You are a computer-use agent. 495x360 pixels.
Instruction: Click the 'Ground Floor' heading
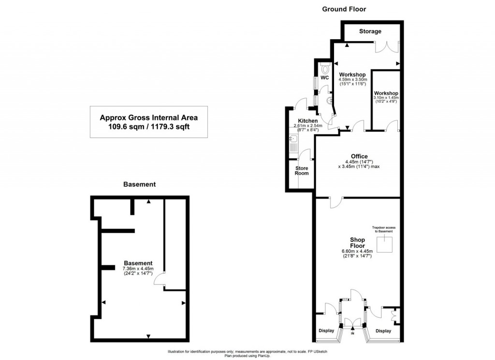click(x=344, y=9)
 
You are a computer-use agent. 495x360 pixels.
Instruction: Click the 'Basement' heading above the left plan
click(x=139, y=184)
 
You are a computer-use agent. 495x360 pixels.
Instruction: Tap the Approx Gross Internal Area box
click(x=148, y=122)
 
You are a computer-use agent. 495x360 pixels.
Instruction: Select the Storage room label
click(x=370, y=31)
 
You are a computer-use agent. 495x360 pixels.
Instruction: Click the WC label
click(x=324, y=77)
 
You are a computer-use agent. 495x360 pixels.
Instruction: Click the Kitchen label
click(x=307, y=121)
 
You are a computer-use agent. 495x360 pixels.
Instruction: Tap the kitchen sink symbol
click(x=293, y=142)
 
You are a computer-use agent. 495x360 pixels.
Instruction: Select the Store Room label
click(x=302, y=170)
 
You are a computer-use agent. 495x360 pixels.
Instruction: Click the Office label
click(x=359, y=156)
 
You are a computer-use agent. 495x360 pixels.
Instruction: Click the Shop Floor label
click(x=357, y=242)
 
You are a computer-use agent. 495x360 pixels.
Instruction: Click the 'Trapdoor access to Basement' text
click(x=382, y=229)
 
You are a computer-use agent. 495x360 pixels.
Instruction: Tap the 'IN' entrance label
click(x=352, y=334)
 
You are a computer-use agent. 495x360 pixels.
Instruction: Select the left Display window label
click(x=326, y=331)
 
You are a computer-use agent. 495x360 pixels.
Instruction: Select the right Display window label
click(x=383, y=331)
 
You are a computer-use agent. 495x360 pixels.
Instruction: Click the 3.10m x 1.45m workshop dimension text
click(x=385, y=98)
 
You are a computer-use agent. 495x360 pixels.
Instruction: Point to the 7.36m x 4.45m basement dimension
click(x=138, y=269)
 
